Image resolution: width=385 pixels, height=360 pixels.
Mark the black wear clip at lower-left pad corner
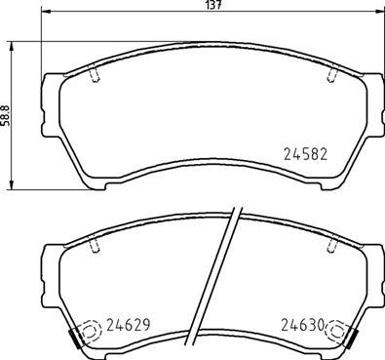[x=74, y=340]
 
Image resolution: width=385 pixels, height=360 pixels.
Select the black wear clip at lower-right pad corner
[x=352, y=340]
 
